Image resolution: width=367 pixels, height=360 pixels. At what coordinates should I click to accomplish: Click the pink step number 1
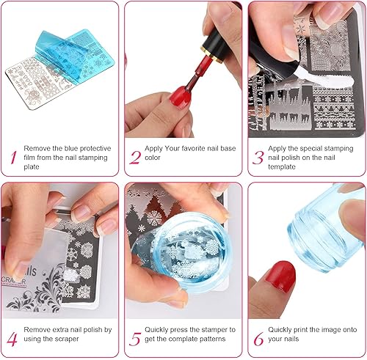[12, 156]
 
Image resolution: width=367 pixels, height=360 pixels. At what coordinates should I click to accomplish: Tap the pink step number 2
[135, 156]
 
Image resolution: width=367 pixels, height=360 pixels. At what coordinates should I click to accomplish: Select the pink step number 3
[258, 156]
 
